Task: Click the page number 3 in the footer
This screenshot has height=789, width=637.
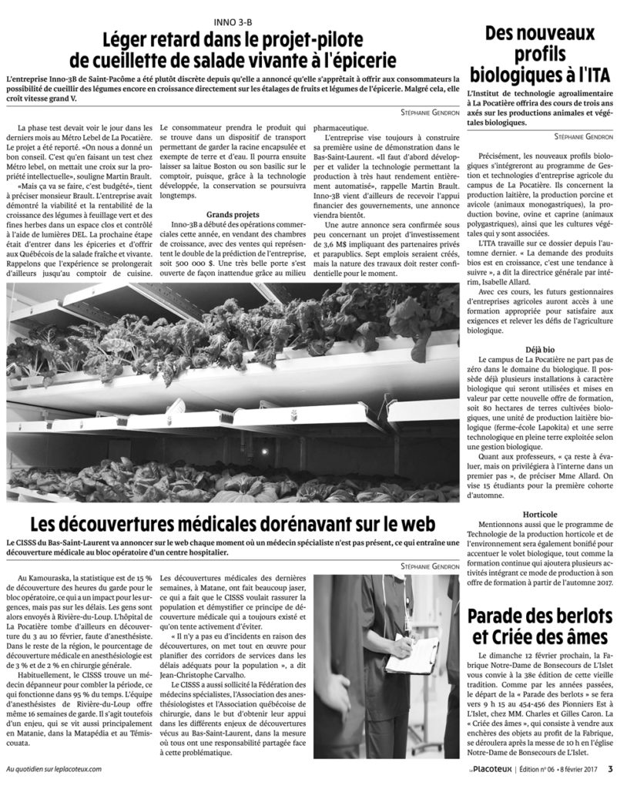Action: (x=609, y=767)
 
